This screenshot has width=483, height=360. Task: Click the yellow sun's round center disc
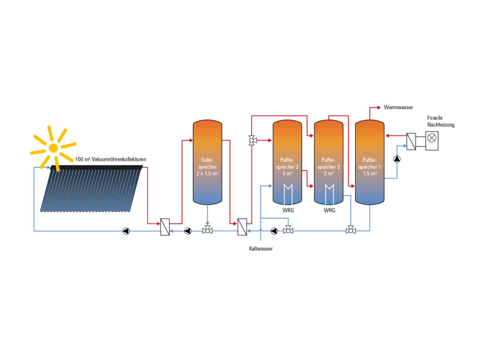click(x=53, y=147)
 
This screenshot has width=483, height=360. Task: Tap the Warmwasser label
click(x=399, y=108)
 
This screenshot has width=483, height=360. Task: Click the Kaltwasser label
click(x=261, y=248)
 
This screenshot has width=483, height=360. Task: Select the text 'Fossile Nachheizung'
click(x=441, y=121)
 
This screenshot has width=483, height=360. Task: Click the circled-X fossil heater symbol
click(x=432, y=139)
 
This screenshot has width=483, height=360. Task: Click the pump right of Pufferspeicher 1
click(x=397, y=159)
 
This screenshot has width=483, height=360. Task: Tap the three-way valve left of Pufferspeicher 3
click(x=252, y=140)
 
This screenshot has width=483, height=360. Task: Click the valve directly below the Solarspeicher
click(x=207, y=230)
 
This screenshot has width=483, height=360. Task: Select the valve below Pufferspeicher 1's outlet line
click(x=350, y=230)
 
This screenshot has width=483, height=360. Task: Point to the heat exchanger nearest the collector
click(x=165, y=227)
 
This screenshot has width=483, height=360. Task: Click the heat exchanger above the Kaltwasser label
click(x=242, y=227)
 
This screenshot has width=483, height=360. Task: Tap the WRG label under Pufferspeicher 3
click(x=288, y=210)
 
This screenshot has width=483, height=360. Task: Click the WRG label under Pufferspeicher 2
click(x=329, y=210)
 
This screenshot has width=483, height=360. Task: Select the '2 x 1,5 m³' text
click(x=208, y=173)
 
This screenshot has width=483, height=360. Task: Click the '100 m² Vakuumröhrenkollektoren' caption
click(x=110, y=160)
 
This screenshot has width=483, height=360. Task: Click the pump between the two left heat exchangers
click(x=188, y=231)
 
